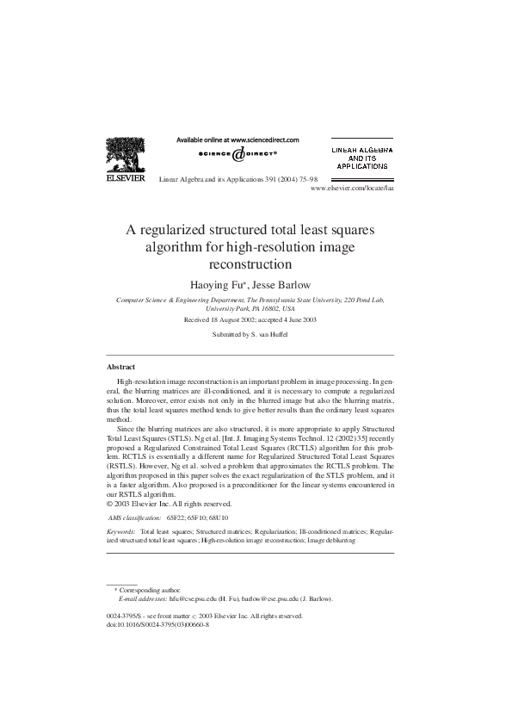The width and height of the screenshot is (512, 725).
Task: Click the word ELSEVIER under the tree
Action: [126, 180]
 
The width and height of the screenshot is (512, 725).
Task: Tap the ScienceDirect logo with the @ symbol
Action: [238, 154]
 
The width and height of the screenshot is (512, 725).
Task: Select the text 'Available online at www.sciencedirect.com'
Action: [237, 139]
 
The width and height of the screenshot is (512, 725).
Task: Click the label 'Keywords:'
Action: [121, 533]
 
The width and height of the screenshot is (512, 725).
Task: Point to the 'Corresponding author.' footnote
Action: [151, 589]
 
